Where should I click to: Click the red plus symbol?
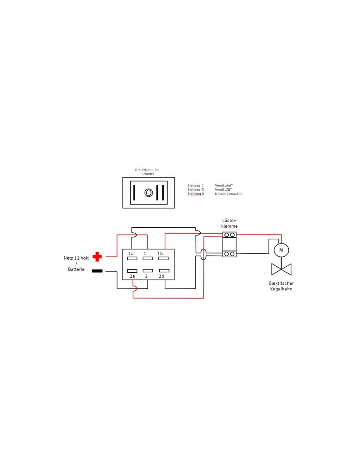(x=97, y=257)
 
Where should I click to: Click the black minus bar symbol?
(x=97, y=271)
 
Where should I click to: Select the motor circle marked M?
(x=281, y=250)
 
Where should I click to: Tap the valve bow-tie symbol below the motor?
(x=281, y=269)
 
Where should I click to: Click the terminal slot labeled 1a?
(x=132, y=258)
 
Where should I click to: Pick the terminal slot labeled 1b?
(x=163, y=258)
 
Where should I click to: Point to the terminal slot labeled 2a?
(x=132, y=271)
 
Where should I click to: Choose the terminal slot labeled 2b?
(x=164, y=271)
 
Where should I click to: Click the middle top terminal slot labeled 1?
(x=148, y=258)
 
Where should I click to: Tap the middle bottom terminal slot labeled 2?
(x=148, y=271)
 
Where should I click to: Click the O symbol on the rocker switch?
(x=149, y=193)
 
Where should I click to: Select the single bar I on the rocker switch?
(x=134, y=193)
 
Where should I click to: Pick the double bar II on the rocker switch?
(x=160, y=193)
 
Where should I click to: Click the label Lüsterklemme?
(x=229, y=223)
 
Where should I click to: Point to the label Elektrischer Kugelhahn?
(x=281, y=286)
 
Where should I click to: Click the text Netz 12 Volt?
(x=76, y=258)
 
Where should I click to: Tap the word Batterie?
(x=76, y=269)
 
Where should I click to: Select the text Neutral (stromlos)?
(x=228, y=194)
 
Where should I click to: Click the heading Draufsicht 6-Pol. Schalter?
(x=148, y=172)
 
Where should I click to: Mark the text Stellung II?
(x=195, y=190)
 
